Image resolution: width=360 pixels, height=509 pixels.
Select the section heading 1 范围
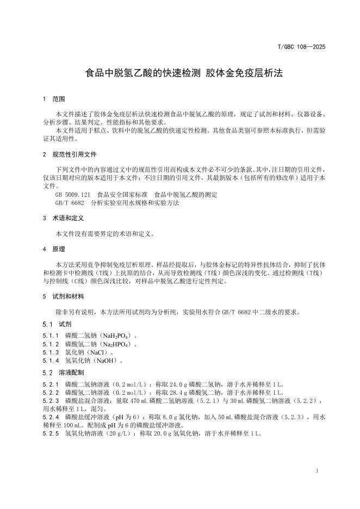[x=54, y=100]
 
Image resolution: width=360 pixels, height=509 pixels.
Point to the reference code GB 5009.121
[x=72, y=194]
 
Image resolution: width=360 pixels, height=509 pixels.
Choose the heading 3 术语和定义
[x=63, y=218]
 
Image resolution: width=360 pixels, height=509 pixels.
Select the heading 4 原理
[x=54, y=249]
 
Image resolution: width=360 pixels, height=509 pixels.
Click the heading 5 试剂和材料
[x=63, y=296]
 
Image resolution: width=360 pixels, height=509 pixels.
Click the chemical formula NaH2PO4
[x=113, y=336]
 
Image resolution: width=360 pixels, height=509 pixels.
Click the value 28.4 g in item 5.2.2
[x=164, y=393]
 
